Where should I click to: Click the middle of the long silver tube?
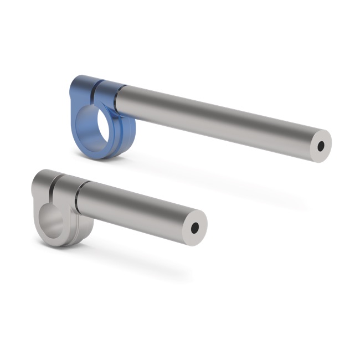coord(216,120)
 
